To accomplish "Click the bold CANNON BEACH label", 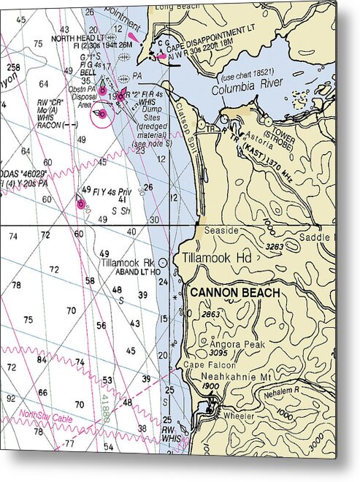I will [x=235, y=291].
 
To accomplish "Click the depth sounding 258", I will [x=13, y=67].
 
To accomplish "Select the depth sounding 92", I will [x=10, y=399].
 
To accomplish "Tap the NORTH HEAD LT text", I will [x=77, y=37].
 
